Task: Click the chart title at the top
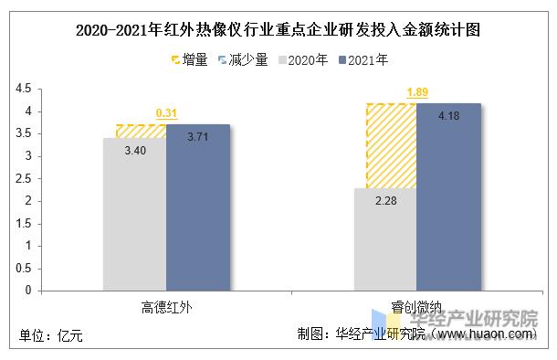pyautogui.click(x=278, y=29)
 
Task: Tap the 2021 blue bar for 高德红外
pyautogui.click(x=198, y=207)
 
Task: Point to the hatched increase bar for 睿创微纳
pyautogui.click(x=392, y=145)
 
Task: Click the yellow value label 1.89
pyautogui.click(x=417, y=92)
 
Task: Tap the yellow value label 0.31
pyautogui.click(x=166, y=113)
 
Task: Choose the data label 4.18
pyautogui.click(x=447, y=116)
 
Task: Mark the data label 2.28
pyautogui.click(x=385, y=200)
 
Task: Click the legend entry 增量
pyautogui.click(x=188, y=60)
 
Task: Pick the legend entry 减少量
pyautogui.click(x=244, y=60)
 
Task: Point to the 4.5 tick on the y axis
pyautogui.click(x=24, y=89)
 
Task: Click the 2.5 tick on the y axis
pyautogui.click(x=24, y=178)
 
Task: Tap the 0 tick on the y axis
pyautogui.click(x=28, y=291)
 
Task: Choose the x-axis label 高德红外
pyautogui.click(x=167, y=307)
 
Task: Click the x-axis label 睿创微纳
pyautogui.click(x=417, y=307)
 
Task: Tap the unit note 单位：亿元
pyautogui.click(x=51, y=336)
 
